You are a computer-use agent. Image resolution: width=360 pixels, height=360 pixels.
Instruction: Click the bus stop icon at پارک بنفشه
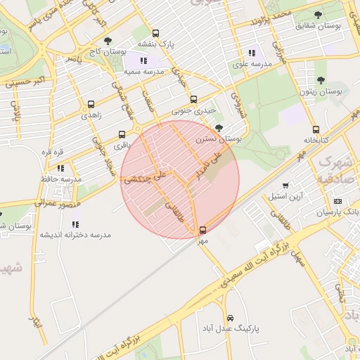click(x=155, y=32)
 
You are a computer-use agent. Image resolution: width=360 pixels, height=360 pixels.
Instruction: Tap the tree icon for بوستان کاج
click(x=107, y=41)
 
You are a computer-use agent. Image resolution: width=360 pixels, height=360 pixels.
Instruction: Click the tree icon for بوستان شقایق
click(x=319, y=15)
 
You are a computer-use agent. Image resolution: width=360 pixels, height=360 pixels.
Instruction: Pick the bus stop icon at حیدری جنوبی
click(x=193, y=99)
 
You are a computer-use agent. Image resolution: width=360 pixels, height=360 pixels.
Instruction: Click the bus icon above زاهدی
click(x=91, y=104)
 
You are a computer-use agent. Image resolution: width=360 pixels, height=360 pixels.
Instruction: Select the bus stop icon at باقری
click(x=122, y=134)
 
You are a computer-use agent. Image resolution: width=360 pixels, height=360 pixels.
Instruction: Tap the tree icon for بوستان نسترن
click(x=220, y=128)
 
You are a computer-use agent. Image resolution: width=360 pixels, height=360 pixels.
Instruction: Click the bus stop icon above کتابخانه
click(x=316, y=129)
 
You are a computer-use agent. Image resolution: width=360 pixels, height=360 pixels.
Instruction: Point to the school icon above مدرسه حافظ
click(x=61, y=168)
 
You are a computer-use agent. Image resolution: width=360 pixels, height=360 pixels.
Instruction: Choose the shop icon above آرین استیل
click(x=285, y=186)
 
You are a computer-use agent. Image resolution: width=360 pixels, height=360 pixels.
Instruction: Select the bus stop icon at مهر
click(x=203, y=230)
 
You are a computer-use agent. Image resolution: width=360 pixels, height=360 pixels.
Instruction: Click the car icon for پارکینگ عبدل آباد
click(x=230, y=319)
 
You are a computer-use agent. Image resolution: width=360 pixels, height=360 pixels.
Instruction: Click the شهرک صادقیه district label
click(x=335, y=170)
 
